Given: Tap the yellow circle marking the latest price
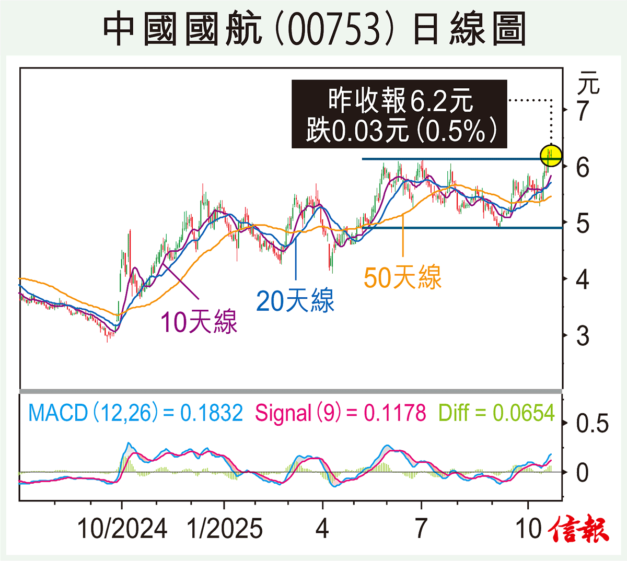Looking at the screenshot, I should coord(551,156).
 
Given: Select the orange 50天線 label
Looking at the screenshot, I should coord(402,277).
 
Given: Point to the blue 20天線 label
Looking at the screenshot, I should coord(295,301).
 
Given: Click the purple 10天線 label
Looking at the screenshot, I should coord(199,322).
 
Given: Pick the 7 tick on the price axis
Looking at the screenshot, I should coord(583,111).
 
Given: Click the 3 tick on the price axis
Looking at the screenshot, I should coord(583,335).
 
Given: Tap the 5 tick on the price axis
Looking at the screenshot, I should coord(583,224).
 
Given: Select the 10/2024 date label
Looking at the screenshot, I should coord(122,529).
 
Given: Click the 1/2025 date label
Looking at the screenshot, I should coord(225,529).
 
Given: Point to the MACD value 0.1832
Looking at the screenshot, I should coord(212,413).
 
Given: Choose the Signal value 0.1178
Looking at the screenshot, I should coord(395,413).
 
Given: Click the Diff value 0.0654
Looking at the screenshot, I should coord(524,413).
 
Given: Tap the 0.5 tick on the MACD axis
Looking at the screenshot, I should coord(593,424).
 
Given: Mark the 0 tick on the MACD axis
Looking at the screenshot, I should coord(583,473).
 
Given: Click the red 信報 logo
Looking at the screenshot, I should coord(579,530).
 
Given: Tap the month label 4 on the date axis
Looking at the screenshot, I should coord(322,529).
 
